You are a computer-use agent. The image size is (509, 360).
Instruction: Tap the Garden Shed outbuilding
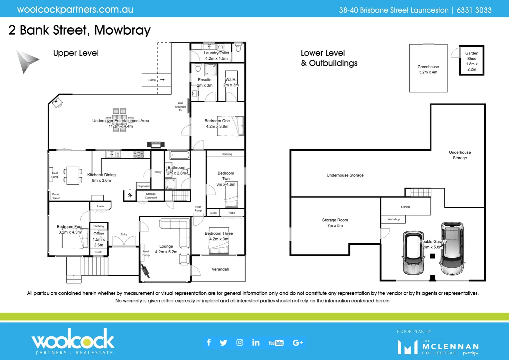click(471, 61)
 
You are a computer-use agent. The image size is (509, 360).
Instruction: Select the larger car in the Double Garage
click(452, 248)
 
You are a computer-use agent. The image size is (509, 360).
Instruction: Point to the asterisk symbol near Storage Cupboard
click(130, 196)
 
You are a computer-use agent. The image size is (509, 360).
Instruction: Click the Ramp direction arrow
click(163, 80)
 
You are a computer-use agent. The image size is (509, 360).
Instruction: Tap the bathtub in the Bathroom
click(179, 155)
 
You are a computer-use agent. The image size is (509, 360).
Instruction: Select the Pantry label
click(158, 172)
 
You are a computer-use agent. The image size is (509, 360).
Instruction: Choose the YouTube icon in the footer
click(276, 343)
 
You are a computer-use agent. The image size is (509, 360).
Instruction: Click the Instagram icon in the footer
click(240, 343)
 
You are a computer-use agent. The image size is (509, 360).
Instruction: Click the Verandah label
click(220, 269)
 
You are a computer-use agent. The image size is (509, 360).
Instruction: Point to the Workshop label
click(393, 219)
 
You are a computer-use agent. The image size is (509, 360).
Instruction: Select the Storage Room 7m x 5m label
click(335, 223)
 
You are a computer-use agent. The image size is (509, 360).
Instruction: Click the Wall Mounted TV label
click(180, 107)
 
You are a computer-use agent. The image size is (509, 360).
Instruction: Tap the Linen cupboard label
click(100, 206)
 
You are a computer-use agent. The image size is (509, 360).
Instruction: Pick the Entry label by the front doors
click(124, 234)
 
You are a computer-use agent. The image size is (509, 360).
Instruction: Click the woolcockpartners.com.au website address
click(75, 10)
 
